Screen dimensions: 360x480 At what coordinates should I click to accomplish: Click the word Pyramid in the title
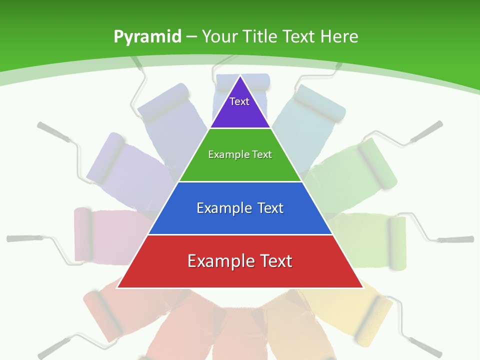147,37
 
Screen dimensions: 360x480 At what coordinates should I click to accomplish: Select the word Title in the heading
260,36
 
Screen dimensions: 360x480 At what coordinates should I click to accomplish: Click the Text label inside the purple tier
239,101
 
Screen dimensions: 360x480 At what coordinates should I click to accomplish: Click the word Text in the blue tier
270,208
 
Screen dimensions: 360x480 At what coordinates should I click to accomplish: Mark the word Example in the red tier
218,261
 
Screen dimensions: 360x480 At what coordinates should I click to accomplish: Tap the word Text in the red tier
274,261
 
